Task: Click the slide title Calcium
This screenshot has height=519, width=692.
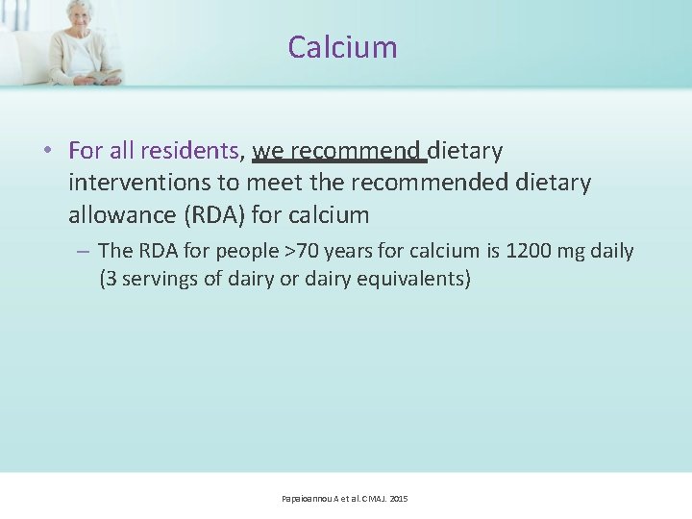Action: coord(342,47)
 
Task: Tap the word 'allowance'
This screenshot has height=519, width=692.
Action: coord(120,212)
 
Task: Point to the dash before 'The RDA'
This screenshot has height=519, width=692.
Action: coord(84,251)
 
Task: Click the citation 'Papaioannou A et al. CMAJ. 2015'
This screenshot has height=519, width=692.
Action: coord(344,499)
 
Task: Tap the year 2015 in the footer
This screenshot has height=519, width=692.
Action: coord(398,499)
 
